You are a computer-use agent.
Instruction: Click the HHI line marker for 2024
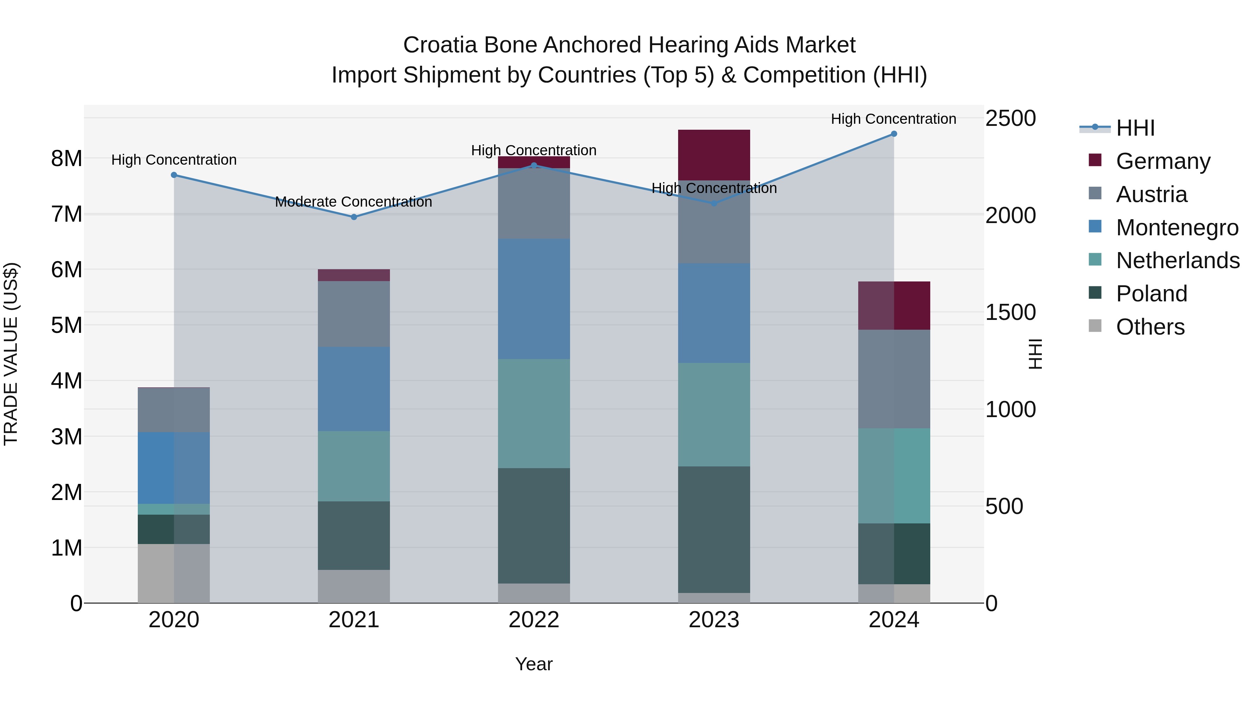point(894,134)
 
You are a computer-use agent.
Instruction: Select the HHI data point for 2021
point(354,217)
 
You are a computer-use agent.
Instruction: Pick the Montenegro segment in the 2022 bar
point(534,299)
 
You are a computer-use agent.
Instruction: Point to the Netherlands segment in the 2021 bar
point(354,466)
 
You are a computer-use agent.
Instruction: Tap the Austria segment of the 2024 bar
point(894,379)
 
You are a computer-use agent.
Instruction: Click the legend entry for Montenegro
point(1177,228)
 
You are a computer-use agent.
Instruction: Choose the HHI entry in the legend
point(1135,128)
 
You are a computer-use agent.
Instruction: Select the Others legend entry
point(1150,327)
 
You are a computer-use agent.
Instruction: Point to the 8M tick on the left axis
point(66,159)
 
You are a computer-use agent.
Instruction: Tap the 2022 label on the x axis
point(534,620)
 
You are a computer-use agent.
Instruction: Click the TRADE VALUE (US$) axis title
point(11,354)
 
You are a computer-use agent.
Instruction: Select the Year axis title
point(534,664)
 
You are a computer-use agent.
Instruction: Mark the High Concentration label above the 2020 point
point(174,160)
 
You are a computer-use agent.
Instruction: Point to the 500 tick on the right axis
point(1004,506)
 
